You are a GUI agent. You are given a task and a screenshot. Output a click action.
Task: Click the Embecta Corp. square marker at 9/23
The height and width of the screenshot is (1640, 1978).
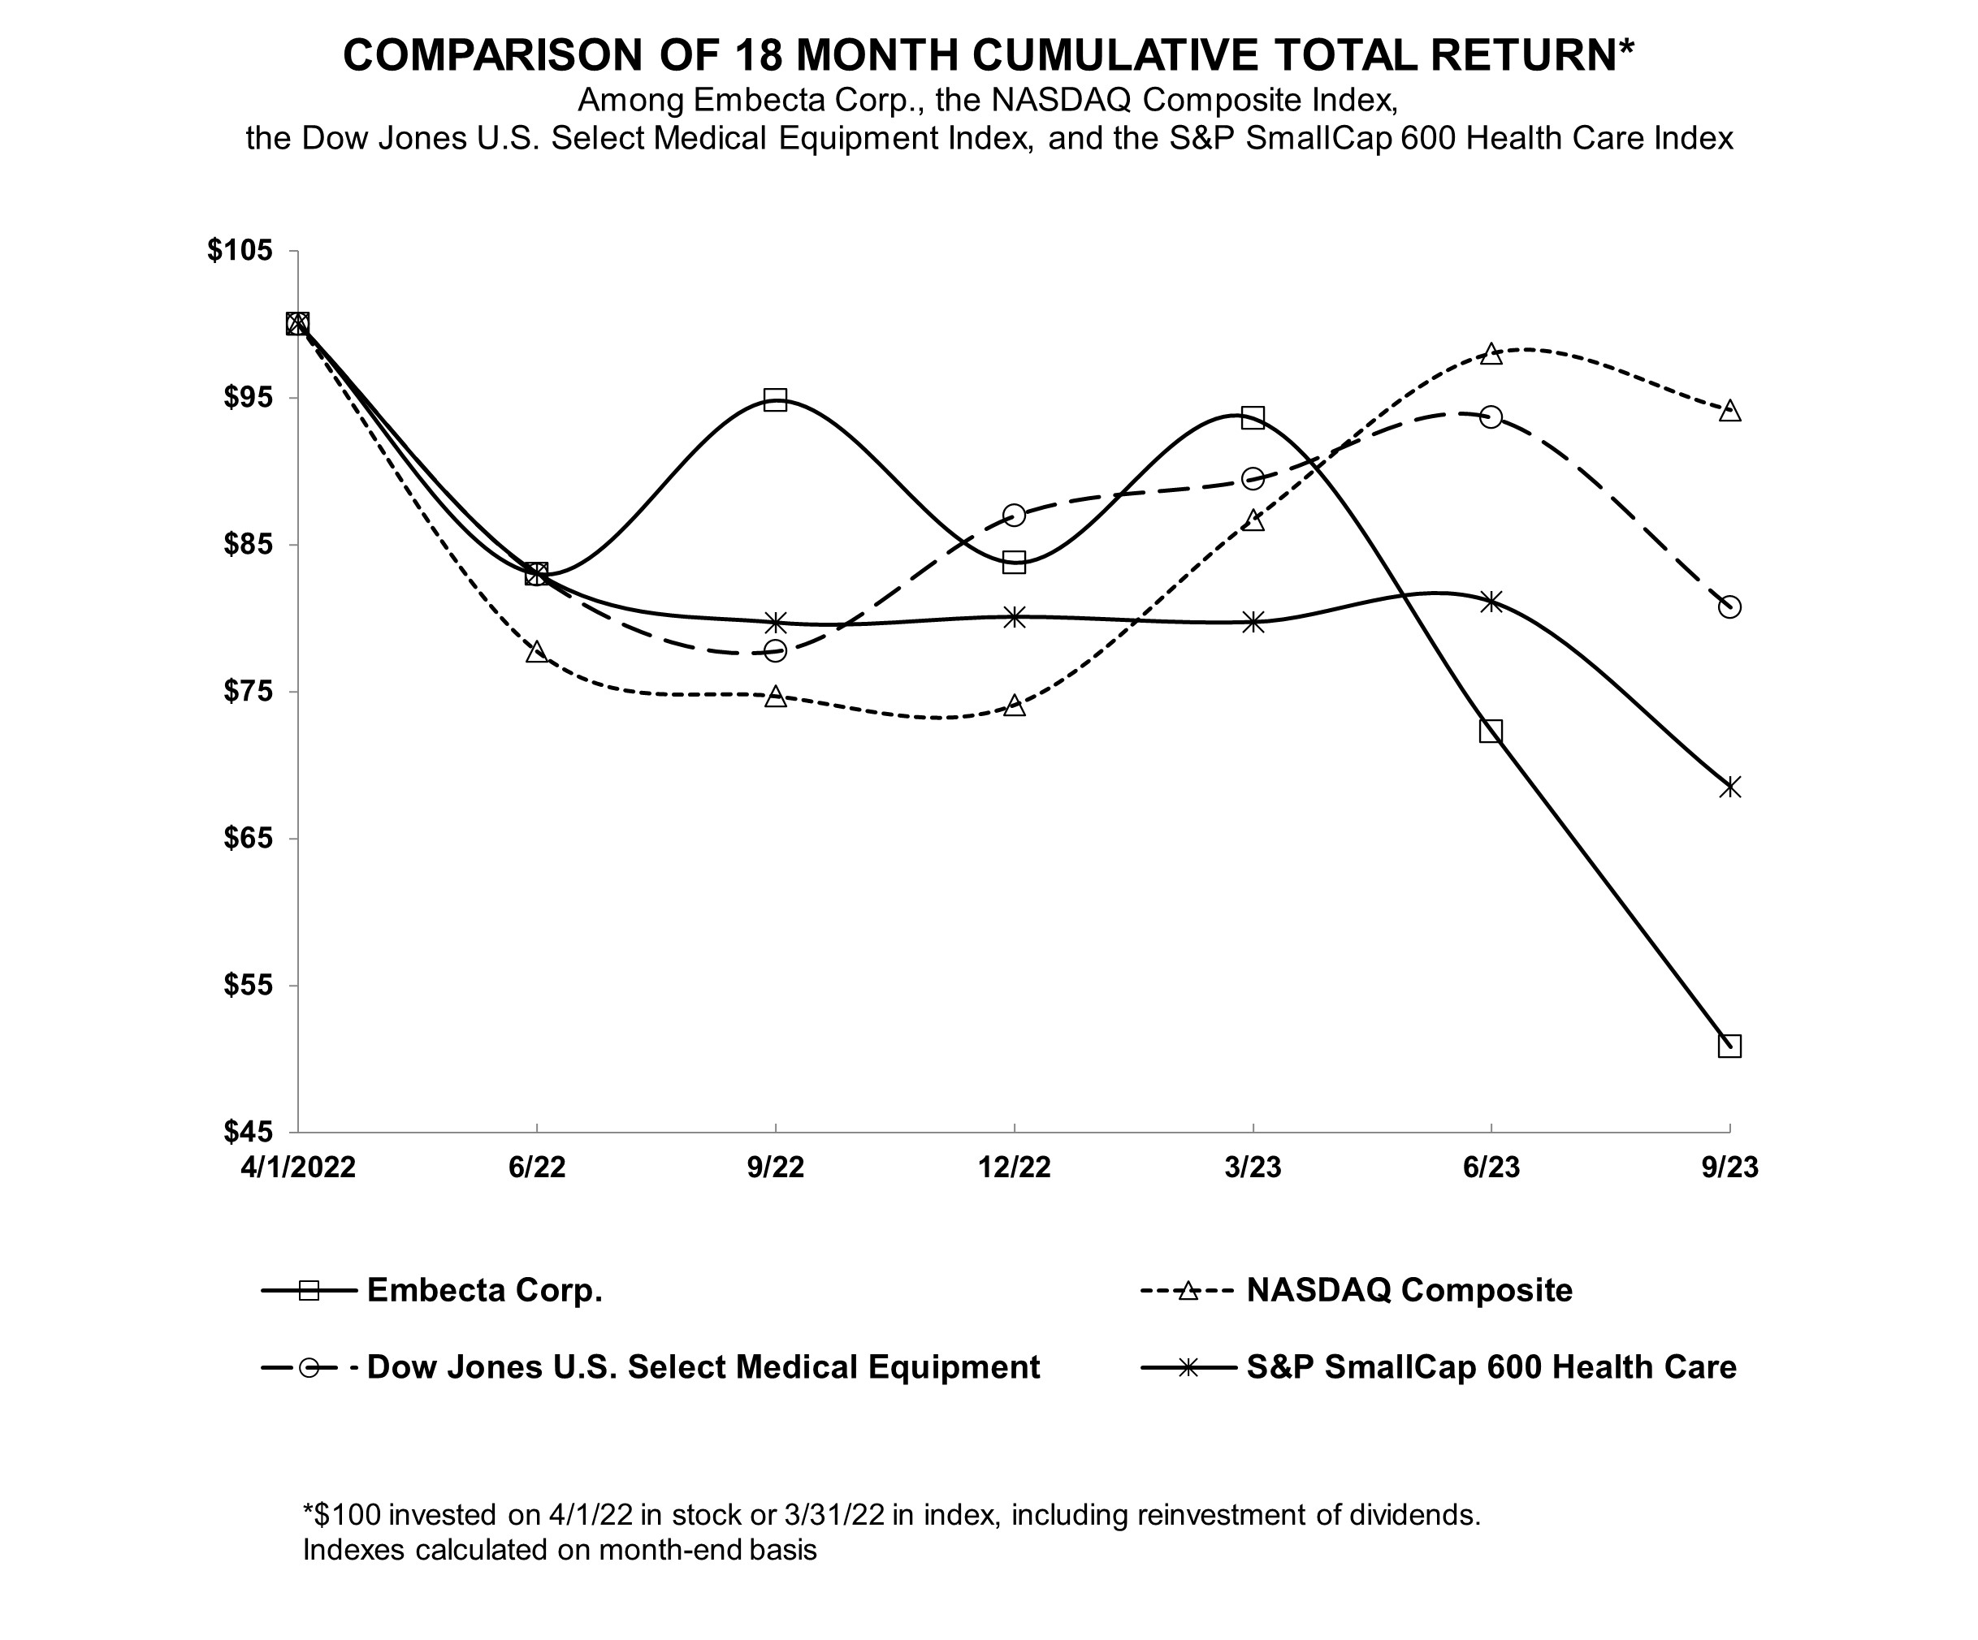click(1729, 1046)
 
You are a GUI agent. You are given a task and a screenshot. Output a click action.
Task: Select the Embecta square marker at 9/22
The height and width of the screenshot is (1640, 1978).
click(775, 400)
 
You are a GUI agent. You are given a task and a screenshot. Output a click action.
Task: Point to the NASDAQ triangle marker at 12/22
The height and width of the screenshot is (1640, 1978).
click(1015, 706)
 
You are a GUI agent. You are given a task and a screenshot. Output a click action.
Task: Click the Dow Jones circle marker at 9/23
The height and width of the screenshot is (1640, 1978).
click(1729, 607)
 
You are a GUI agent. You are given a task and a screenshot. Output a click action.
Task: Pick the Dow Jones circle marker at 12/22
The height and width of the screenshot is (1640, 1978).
click(1015, 515)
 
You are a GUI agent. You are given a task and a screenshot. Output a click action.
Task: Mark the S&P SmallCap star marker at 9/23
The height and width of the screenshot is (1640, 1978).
click(1729, 786)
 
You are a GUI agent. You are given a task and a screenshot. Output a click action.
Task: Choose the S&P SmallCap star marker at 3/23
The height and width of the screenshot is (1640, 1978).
click(1253, 622)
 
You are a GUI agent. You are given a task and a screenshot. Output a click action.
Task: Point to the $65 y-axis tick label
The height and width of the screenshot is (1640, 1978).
click(248, 839)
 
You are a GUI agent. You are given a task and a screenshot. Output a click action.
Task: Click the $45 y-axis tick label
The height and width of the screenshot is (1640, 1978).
click(248, 1132)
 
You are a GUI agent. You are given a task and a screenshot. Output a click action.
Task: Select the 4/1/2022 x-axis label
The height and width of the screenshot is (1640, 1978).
click(297, 1167)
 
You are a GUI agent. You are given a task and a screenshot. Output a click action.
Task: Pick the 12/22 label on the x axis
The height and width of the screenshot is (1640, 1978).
click(1015, 1167)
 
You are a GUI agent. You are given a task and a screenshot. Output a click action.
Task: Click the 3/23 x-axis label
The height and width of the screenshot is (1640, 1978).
click(1253, 1167)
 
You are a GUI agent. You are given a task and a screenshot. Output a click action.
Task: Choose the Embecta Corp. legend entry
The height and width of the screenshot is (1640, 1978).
click(484, 1290)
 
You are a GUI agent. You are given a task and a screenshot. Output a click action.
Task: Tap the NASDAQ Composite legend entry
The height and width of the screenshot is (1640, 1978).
click(1409, 1290)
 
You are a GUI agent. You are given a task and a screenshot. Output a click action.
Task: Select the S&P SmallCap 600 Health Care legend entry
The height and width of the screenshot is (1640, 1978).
click(1491, 1367)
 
